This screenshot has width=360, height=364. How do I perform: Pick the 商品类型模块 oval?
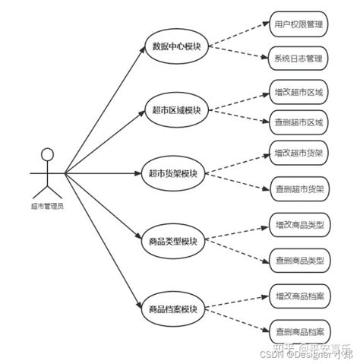pyautogui.click(x=173, y=242)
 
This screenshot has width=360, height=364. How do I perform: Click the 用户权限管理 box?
pyautogui.click(x=298, y=24)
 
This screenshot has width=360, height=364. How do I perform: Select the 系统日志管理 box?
pyautogui.click(x=298, y=59)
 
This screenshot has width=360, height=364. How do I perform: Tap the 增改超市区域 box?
pyautogui.click(x=298, y=92)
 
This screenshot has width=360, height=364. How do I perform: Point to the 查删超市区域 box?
pyautogui.click(x=298, y=122)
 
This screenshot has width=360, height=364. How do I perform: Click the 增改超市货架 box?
pyautogui.click(x=298, y=154)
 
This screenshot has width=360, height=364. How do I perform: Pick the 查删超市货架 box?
pyautogui.click(x=298, y=189)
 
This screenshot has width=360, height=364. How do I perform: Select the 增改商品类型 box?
pyautogui.click(x=298, y=225)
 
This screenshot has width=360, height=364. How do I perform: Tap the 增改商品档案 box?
pyautogui.click(x=298, y=295)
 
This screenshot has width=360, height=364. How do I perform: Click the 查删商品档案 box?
pyautogui.click(x=298, y=331)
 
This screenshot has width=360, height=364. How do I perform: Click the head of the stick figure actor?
pyautogui.click(x=47, y=154)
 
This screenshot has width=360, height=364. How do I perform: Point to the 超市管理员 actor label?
pyautogui.click(x=47, y=205)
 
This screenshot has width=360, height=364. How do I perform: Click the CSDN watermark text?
pyautogui.click(x=273, y=353)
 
